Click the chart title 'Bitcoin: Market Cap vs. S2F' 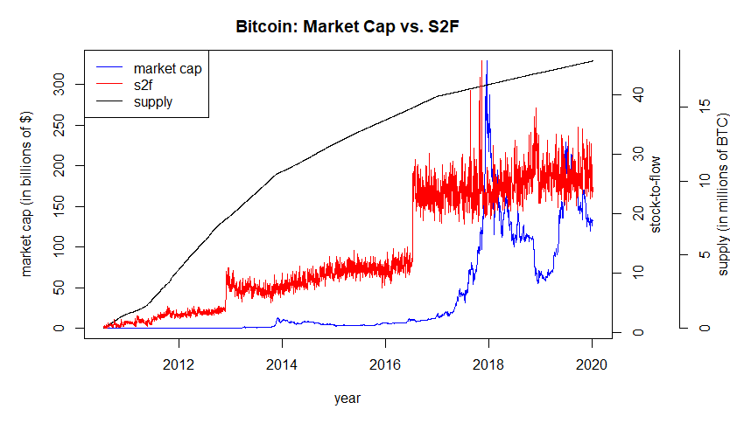pyautogui.click(x=347, y=27)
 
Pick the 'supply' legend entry pyautogui.click(x=153, y=102)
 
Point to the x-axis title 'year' pyautogui.click(x=347, y=398)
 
